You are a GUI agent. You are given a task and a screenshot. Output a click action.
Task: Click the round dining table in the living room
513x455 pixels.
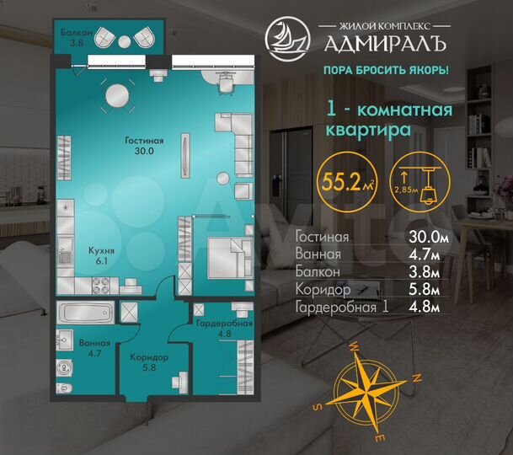coord(117,97)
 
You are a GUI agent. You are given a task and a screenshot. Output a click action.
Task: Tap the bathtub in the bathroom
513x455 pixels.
coord(84,311)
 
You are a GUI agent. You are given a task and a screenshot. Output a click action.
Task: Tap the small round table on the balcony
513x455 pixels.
coord(124,41)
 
